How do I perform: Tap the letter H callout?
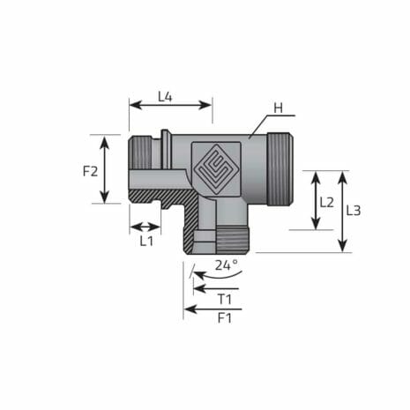click(277, 108)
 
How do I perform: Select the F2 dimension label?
click(90, 170)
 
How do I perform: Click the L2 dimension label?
click(326, 202)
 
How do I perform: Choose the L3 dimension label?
click(353, 211)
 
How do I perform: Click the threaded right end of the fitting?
click(278, 168)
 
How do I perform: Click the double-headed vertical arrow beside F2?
click(106, 169)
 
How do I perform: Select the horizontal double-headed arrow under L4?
click(170, 105)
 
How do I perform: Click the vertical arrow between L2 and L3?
click(343, 212)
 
